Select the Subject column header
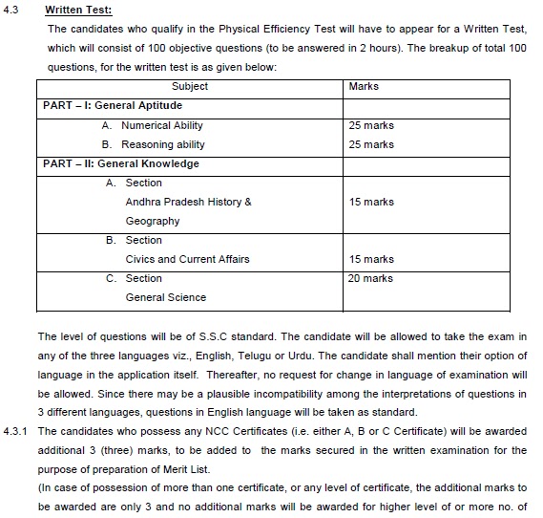click(x=190, y=86)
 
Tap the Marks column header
click(x=364, y=86)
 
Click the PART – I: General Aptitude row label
click(x=113, y=105)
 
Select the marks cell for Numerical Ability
click(x=371, y=125)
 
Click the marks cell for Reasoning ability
click(x=371, y=144)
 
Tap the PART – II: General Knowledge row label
click(x=121, y=163)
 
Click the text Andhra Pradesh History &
click(x=188, y=202)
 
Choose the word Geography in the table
click(x=153, y=221)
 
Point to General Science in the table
click(x=165, y=297)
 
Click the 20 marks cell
click(x=371, y=278)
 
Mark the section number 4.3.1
click(x=16, y=431)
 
